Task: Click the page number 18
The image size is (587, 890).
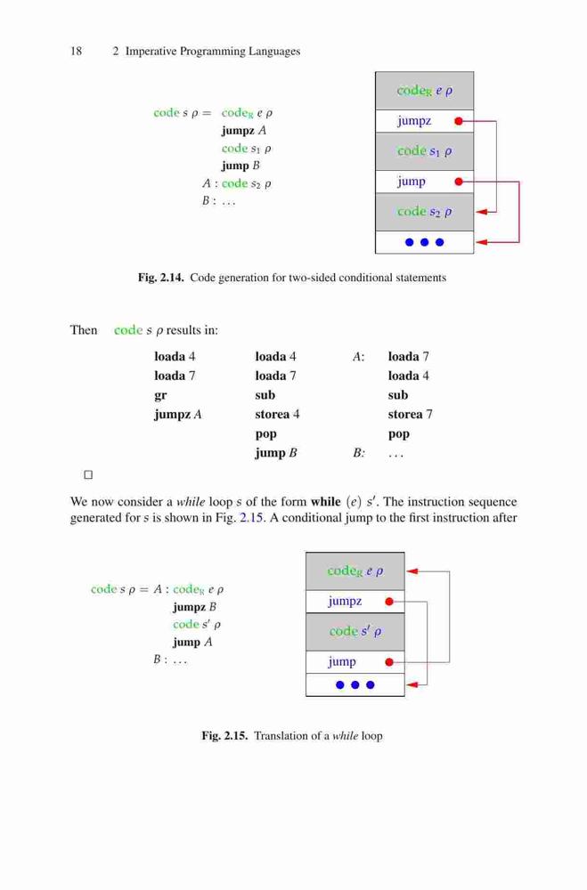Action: click(76, 51)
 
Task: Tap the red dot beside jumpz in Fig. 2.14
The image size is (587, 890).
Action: click(459, 121)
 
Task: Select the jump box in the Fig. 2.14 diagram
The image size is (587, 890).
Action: click(425, 182)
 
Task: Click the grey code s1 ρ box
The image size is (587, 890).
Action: click(425, 151)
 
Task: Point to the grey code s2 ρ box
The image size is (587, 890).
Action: click(425, 212)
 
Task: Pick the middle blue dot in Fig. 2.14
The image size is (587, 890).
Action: click(425, 242)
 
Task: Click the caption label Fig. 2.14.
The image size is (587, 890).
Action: click(161, 278)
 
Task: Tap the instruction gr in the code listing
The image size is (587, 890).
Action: click(160, 396)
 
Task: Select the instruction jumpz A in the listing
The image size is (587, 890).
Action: click(178, 415)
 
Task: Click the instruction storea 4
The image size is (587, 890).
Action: click(277, 415)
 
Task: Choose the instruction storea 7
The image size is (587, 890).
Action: click(411, 415)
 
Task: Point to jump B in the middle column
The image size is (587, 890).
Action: click(276, 453)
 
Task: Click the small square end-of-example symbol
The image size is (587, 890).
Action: click(88, 474)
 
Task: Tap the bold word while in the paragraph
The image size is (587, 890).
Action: click(326, 502)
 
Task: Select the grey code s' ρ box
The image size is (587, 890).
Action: click(355, 632)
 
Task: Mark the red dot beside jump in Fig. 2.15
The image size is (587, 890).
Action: click(389, 662)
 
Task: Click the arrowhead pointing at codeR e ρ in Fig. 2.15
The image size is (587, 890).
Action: click(412, 571)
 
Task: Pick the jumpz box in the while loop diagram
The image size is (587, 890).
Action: click(355, 602)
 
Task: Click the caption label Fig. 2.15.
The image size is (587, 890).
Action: click(224, 736)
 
